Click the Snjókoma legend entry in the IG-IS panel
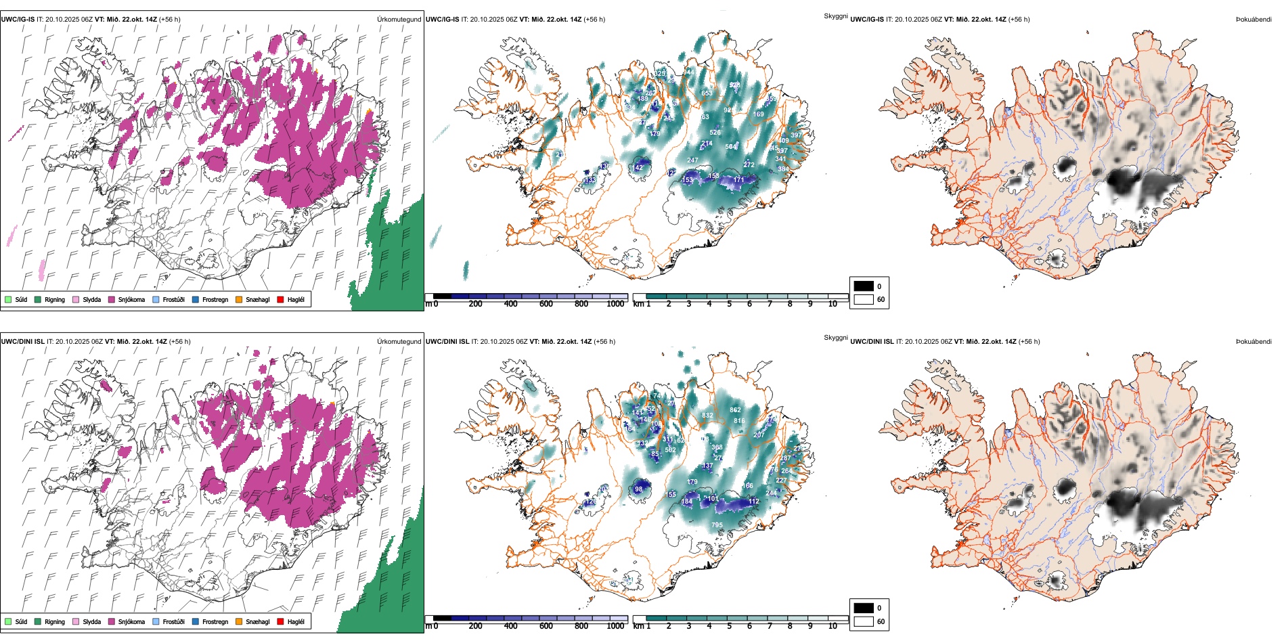[x=131, y=299]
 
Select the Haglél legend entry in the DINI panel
[x=296, y=621]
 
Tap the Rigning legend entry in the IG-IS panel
[x=55, y=299]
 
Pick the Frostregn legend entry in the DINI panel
[x=215, y=621]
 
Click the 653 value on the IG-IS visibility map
[x=707, y=93]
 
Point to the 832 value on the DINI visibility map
[x=707, y=416]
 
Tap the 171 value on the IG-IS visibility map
[x=738, y=180]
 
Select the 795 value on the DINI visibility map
[x=717, y=525]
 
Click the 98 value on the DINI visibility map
[x=638, y=489]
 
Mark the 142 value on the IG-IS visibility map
[x=638, y=167]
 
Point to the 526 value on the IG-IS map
[x=715, y=133]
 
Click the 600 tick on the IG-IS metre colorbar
[x=546, y=304]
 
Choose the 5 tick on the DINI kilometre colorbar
[x=729, y=626]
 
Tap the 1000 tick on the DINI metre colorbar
[x=615, y=626]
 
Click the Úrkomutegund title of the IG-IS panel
[x=399, y=19]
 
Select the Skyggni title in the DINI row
[x=835, y=337]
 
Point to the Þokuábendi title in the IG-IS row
[x=1254, y=19]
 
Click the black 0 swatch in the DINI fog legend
[x=864, y=608]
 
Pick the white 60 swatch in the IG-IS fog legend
[x=864, y=299]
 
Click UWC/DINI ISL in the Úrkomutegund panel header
[x=22, y=341]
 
